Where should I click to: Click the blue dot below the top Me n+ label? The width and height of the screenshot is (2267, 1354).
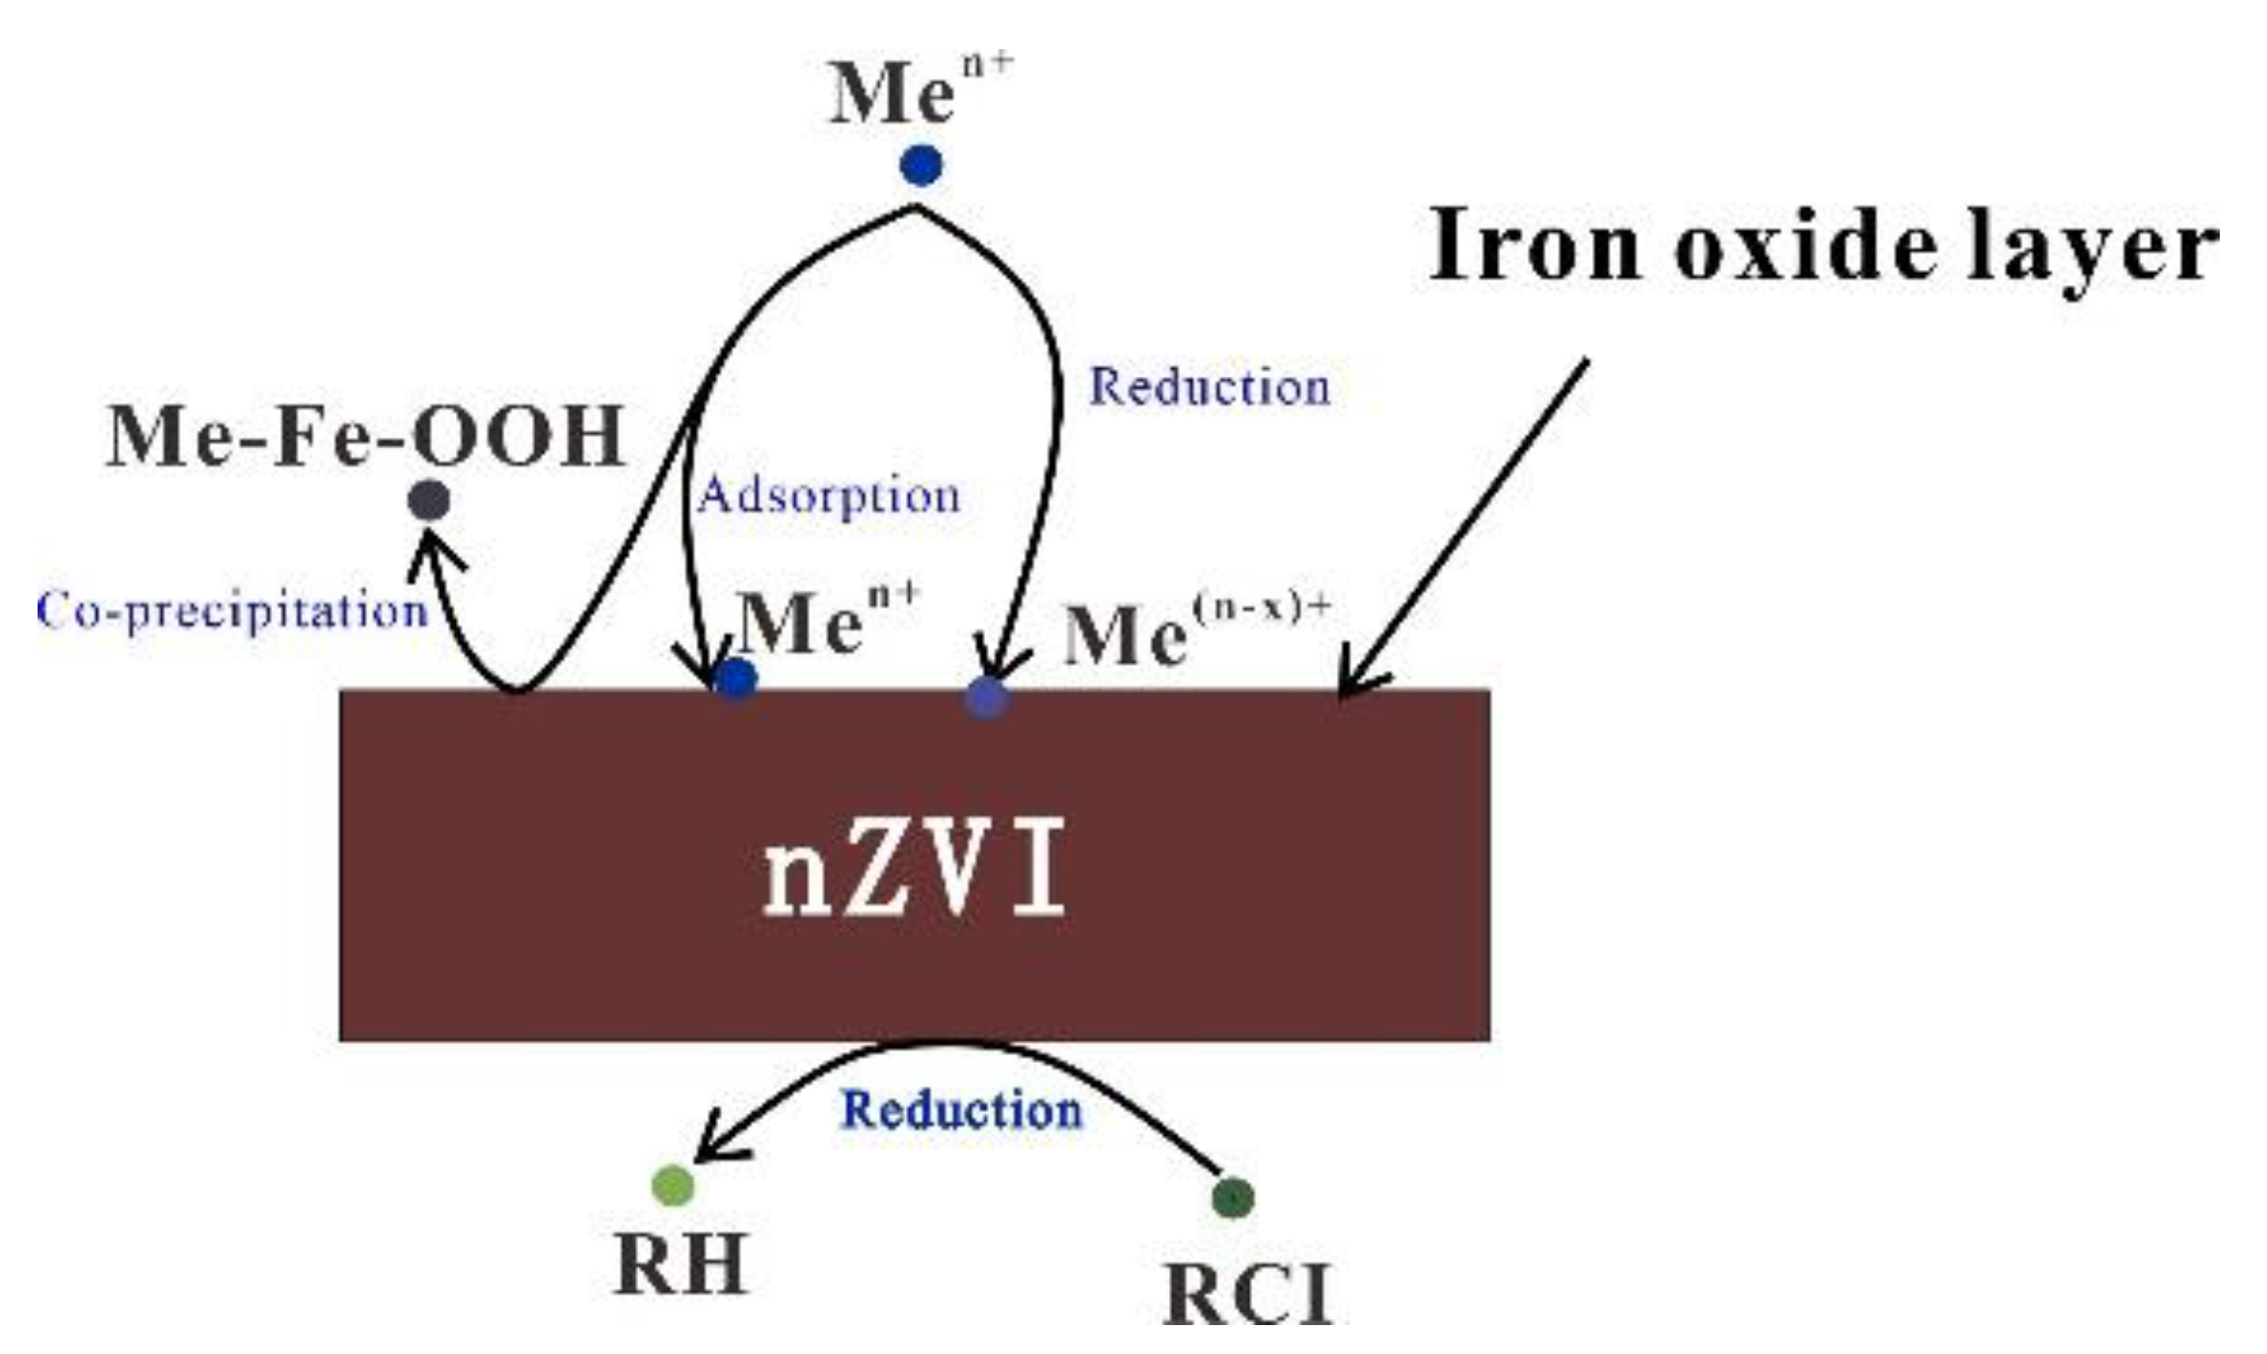click(x=920, y=165)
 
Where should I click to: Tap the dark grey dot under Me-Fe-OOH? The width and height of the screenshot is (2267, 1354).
click(x=429, y=500)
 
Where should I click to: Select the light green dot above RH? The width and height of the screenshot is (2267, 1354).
click(x=673, y=1184)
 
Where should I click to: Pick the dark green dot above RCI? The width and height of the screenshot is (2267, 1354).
click(x=1233, y=1197)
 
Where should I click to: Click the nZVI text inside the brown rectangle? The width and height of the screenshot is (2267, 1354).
click(x=914, y=866)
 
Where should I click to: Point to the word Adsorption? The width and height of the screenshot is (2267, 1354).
click(x=829, y=496)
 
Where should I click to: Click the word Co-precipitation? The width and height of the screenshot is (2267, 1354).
click(x=232, y=611)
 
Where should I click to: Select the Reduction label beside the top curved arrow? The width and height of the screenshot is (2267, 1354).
click(x=1210, y=387)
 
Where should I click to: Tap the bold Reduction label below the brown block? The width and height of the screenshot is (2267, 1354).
click(x=962, y=1109)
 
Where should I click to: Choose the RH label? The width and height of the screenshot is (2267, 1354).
click(x=680, y=1264)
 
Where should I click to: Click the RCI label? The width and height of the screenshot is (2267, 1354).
click(x=1248, y=1294)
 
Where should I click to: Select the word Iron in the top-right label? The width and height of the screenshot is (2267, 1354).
click(x=1534, y=246)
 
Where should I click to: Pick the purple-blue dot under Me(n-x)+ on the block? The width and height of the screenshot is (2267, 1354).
click(x=987, y=696)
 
